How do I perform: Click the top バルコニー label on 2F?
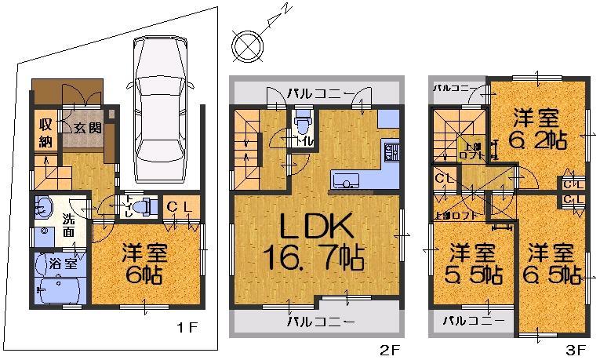pos(318,93)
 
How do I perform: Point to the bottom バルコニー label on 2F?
pos(319,321)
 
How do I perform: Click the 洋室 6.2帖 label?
pos(540,130)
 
